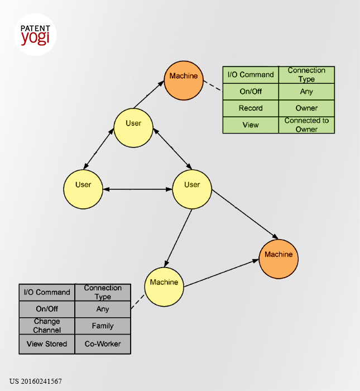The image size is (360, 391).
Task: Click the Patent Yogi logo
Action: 35,35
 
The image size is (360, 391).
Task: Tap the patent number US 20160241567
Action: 36,382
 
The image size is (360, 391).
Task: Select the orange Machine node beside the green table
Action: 184,80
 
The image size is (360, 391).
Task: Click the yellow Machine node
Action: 164,287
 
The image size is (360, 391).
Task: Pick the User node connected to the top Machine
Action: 133,128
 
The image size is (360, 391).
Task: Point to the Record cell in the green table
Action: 251,108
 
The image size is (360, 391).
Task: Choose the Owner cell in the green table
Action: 306,108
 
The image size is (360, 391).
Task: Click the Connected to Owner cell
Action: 306,125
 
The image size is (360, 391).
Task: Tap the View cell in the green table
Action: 251,125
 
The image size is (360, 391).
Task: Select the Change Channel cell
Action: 47,326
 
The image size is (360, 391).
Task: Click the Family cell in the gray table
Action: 103,326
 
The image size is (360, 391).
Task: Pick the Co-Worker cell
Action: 103,344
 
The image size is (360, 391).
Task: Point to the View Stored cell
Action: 47,344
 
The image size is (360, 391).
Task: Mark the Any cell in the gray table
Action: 103,309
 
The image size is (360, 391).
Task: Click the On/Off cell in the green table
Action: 251,92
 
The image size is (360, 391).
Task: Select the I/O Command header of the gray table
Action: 47,292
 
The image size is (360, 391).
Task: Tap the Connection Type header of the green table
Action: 306,74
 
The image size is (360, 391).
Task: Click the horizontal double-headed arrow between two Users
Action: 137,189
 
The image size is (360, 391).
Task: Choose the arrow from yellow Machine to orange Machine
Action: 222,273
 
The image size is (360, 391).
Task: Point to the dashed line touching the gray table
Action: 138,302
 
